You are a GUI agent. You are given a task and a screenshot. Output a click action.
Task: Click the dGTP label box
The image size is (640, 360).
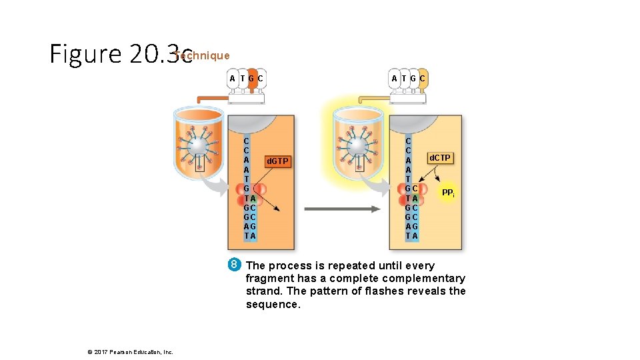click(x=277, y=161)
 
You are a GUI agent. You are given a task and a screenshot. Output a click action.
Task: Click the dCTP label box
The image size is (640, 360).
click(x=440, y=158)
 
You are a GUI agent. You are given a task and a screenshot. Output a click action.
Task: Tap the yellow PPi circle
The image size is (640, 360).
click(x=448, y=193)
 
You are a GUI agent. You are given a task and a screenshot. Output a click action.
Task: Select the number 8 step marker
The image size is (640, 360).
click(x=234, y=265)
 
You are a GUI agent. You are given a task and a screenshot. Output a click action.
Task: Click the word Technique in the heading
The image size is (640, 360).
click(x=203, y=56)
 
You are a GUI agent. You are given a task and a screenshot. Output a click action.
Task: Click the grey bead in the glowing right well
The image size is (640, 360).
click(x=359, y=147)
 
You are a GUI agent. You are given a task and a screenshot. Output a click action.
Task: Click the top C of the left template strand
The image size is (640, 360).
click(x=247, y=141)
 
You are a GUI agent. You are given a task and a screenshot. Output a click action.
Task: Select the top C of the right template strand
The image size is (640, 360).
click(x=408, y=141)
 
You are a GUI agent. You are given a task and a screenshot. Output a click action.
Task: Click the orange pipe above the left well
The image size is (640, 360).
click(x=212, y=99)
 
